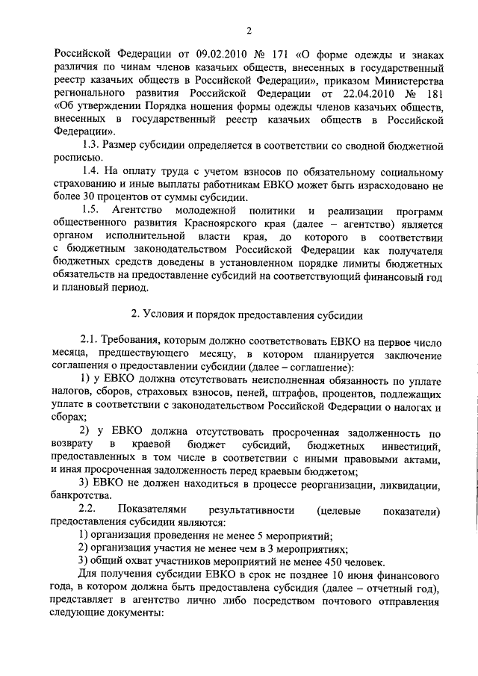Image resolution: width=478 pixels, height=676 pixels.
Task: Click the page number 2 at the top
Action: click(249, 30)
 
